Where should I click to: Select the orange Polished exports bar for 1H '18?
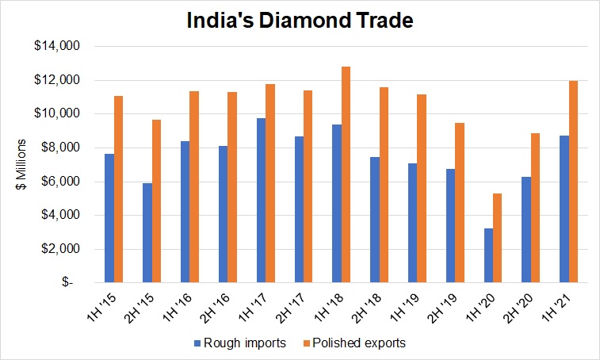(346, 174)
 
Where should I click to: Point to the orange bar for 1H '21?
(575, 182)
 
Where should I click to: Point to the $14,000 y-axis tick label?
(59, 46)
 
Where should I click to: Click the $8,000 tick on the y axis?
(62, 147)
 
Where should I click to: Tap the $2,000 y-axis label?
(62, 249)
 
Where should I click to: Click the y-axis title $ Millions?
(24, 164)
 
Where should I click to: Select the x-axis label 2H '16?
(215, 304)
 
